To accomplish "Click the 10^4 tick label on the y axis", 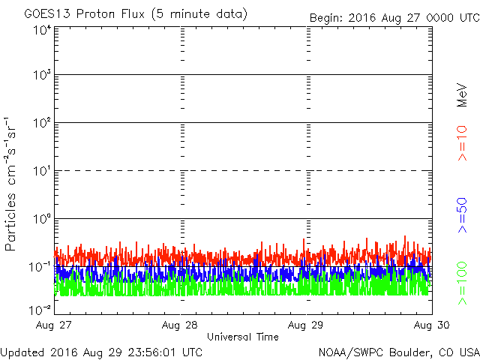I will (41, 31).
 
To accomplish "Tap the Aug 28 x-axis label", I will (180, 325).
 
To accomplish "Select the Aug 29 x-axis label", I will (306, 325).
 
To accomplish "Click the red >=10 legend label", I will (463, 145).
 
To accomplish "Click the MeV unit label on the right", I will (463, 94).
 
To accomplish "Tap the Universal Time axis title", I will (243, 337).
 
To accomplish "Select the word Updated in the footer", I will (23, 352).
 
